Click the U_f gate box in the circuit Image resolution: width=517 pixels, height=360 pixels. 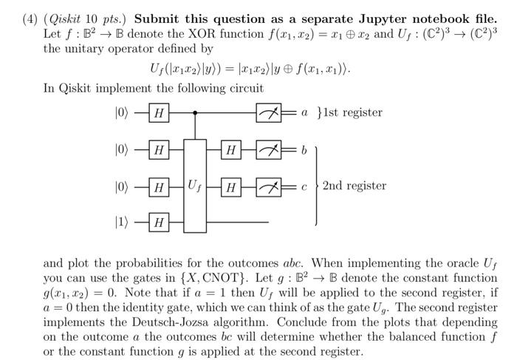tap(195, 185)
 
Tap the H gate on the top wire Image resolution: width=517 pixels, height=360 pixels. tap(159, 114)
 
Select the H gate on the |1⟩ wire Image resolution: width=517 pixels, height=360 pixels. tap(159, 221)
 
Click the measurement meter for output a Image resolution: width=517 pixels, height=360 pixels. tap(267, 114)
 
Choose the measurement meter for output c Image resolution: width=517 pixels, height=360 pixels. tap(267, 186)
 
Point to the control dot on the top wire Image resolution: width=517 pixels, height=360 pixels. tap(195, 114)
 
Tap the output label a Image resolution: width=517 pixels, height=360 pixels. tap(304, 113)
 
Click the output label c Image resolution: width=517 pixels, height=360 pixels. tap(304, 186)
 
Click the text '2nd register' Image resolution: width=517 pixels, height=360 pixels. tap(354, 186)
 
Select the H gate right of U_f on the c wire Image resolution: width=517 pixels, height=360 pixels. tap(231, 186)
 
